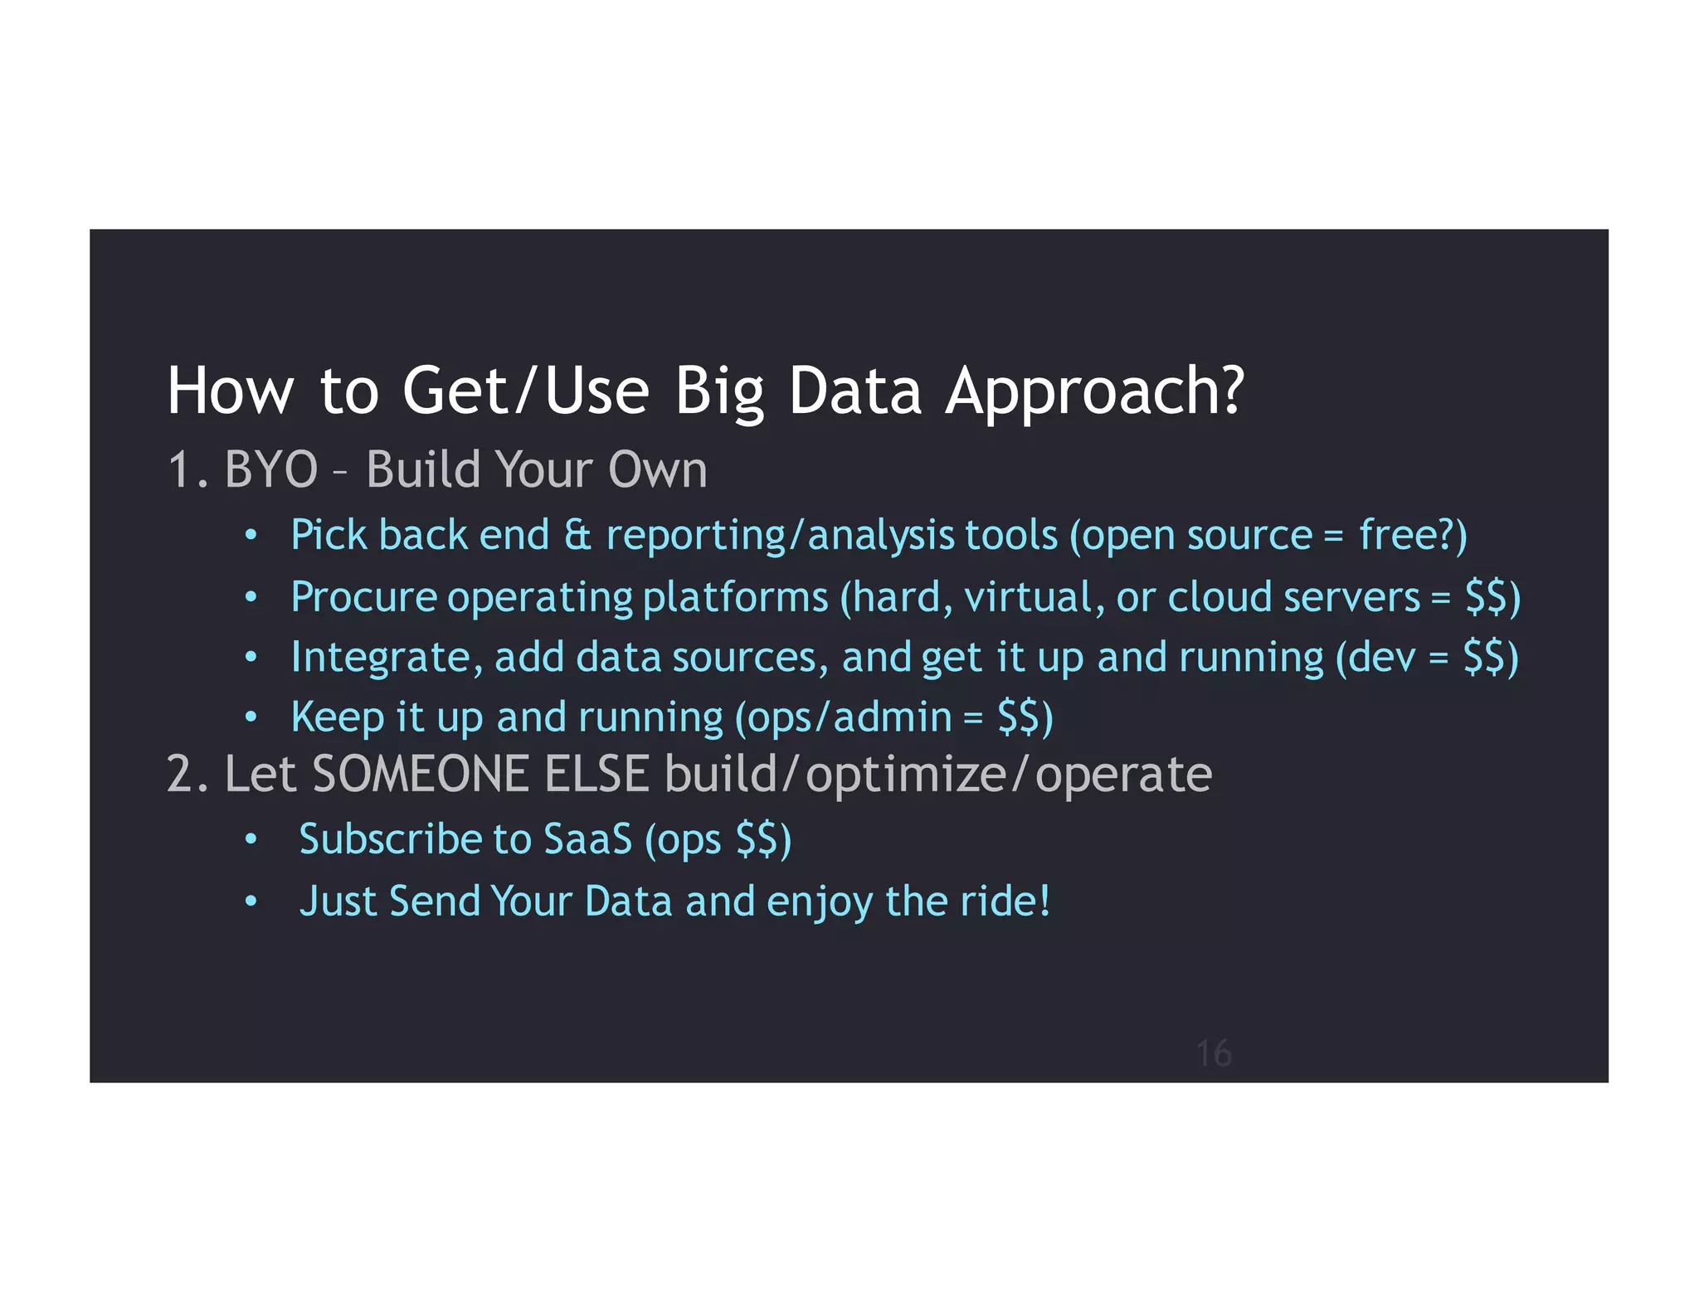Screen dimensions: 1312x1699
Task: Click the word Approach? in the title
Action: (1094, 391)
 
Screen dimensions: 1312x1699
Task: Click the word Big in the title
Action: (718, 391)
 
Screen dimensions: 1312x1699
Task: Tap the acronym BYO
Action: (270, 469)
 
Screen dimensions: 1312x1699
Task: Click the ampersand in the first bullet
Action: (577, 535)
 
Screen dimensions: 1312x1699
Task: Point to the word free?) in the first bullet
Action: (1413, 535)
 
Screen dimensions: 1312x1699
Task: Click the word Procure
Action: (363, 597)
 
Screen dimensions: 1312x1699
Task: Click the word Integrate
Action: (380, 657)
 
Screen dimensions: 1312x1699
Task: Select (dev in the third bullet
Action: (1376, 657)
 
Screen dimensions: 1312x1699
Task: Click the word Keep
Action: (338, 717)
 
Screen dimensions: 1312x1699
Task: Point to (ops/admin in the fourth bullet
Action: (843, 717)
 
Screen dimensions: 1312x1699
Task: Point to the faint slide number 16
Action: (1214, 1053)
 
